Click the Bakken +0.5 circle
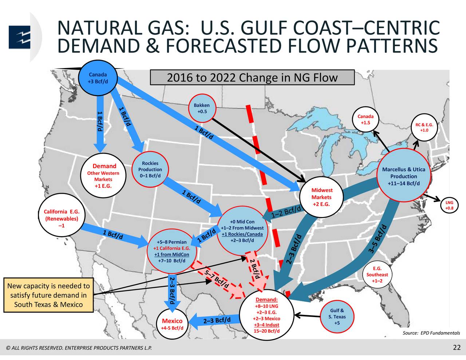coord(201,108)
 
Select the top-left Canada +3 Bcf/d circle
coord(98,78)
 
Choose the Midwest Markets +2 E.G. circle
coord(321,197)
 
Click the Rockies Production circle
coord(150,170)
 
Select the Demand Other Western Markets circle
coord(104,176)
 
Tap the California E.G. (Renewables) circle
coord(61,218)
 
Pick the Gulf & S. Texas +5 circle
coord(337,317)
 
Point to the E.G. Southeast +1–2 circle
coord(377,274)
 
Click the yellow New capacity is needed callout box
coord(48,295)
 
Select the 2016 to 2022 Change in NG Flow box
coord(252,78)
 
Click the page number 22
coord(457,347)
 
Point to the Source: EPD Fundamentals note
coord(431,333)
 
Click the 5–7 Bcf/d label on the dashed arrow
coord(216,280)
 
